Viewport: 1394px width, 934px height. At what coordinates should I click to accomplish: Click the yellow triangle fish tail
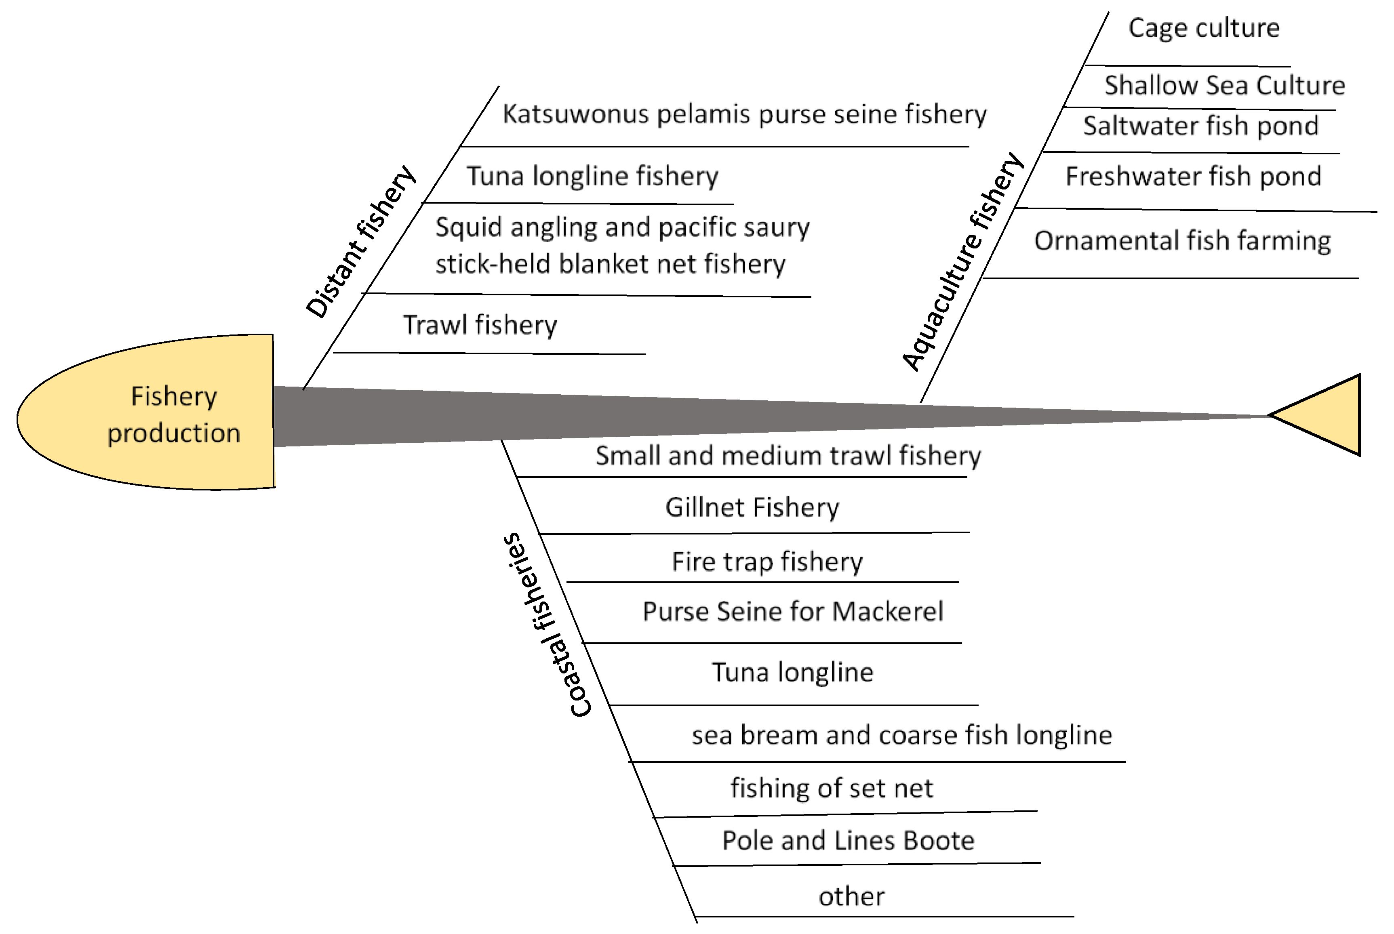pos(1329,415)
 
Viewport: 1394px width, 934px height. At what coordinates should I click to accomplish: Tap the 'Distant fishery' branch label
pos(361,242)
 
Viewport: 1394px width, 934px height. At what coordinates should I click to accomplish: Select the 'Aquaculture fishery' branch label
pos(963,262)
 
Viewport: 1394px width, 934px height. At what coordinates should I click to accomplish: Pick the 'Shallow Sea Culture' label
pos(1224,86)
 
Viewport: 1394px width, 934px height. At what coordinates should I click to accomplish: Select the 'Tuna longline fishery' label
pos(592,176)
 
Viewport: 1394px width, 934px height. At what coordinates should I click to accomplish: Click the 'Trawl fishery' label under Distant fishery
pos(480,325)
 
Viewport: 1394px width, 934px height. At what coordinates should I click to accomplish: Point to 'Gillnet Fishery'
pos(752,507)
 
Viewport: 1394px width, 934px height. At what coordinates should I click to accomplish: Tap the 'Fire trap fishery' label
pos(767,562)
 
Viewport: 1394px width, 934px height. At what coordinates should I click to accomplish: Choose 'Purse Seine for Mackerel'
pos(793,612)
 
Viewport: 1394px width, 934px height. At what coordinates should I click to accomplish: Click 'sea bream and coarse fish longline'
pos(902,735)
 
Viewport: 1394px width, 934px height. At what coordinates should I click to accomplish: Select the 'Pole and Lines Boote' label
pos(848,841)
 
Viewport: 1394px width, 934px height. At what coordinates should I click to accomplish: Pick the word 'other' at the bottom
pos(851,896)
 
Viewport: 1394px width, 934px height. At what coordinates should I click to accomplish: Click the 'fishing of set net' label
pos(832,788)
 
